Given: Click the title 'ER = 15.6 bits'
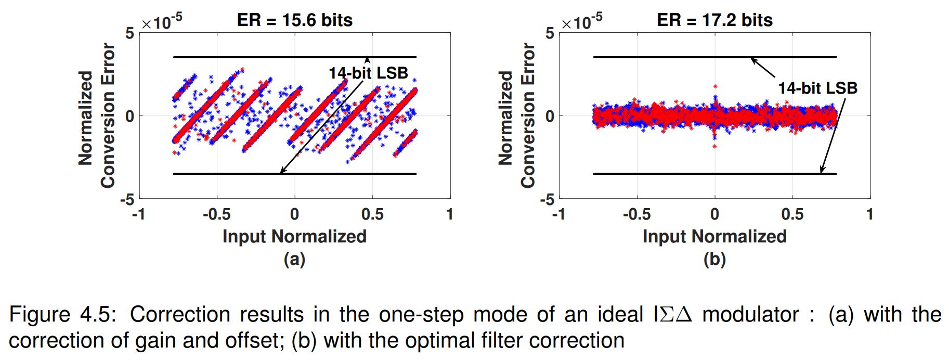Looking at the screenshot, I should pos(294,20).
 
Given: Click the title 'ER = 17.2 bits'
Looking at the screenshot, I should pos(714,20).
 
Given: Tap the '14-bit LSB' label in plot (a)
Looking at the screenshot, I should pos(368,73).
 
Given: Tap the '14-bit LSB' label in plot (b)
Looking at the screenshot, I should pos(817,88).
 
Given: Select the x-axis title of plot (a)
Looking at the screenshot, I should pos(294,237).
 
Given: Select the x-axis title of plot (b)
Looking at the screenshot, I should pos(714,237).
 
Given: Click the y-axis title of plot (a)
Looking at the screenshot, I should pos(97,115).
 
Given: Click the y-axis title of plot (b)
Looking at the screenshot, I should pos(517,115).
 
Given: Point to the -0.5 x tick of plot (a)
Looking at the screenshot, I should pos(216,214).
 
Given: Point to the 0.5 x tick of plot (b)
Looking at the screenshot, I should pos(792,214).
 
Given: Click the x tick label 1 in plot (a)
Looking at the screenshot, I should pos(450,214).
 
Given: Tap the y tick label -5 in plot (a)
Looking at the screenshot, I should pos(127,200).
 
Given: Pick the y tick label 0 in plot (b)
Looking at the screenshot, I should pos(550,116).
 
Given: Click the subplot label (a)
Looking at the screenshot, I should pos(294,259).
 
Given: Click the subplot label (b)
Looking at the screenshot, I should pos(714,259).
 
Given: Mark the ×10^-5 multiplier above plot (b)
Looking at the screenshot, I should pos(581,22).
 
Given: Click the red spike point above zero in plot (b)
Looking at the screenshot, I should pos(715,86).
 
